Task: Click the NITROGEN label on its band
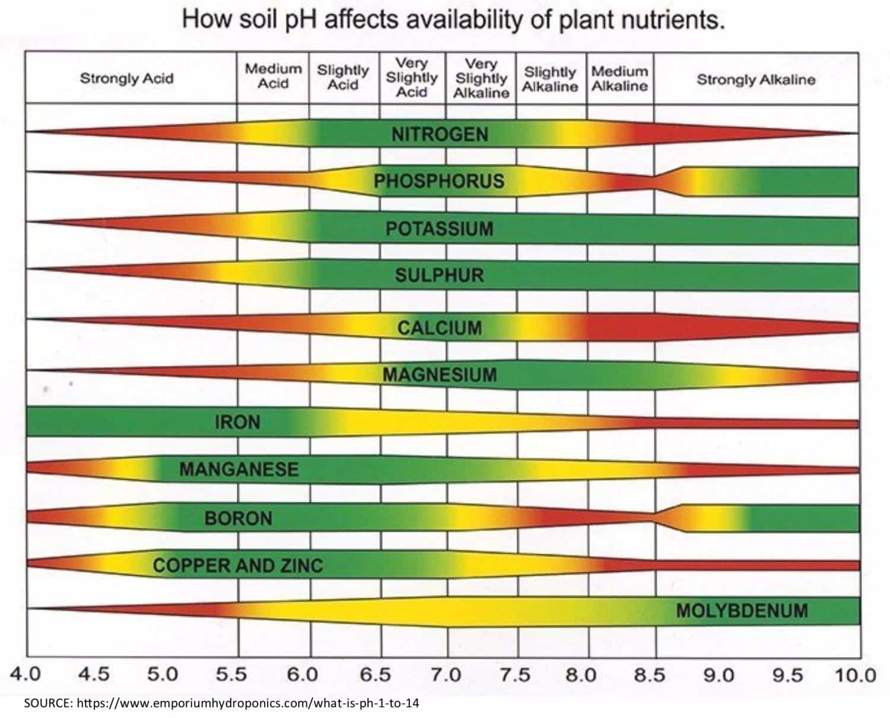[x=440, y=135]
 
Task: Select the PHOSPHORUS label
[x=439, y=181]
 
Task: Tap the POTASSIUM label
[x=439, y=229]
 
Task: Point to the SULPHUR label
[x=439, y=276]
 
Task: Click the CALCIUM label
[x=439, y=328]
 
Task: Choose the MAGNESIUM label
[x=439, y=375]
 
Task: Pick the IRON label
[x=237, y=422]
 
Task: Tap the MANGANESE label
[x=239, y=470]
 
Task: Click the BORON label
[x=238, y=518]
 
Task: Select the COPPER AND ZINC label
[x=238, y=565]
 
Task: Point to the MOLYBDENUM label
[x=742, y=610]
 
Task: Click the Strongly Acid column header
[x=127, y=78]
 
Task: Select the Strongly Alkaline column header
[x=756, y=79]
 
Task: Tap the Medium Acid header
[x=273, y=76]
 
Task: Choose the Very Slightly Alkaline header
[x=481, y=78]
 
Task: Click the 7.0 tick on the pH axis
[x=446, y=675]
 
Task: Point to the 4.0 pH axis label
[x=25, y=674]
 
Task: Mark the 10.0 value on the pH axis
[x=856, y=675]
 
